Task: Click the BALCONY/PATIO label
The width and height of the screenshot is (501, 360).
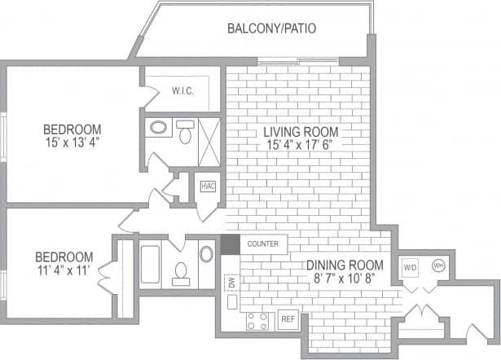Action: (x=271, y=29)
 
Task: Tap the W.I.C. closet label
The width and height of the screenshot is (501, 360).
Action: (x=182, y=90)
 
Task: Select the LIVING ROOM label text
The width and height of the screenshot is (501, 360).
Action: (x=301, y=132)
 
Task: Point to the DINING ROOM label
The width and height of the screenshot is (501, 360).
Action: (x=344, y=265)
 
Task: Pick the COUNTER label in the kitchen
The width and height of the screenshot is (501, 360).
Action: (x=263, y=244)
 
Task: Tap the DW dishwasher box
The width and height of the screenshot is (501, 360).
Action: (x=230, y=283)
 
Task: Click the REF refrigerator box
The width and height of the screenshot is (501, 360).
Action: (x=288, y=319)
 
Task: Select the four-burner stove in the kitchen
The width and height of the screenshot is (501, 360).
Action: (x=257, y=320)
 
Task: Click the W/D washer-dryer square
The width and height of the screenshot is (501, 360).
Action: (x=410, y=266)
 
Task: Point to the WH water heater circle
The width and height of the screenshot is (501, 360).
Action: (x=437, y=265)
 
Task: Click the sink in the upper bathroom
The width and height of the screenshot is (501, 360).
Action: (x=158, y=128)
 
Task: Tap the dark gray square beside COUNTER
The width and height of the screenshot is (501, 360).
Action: (x=230, y=244)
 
